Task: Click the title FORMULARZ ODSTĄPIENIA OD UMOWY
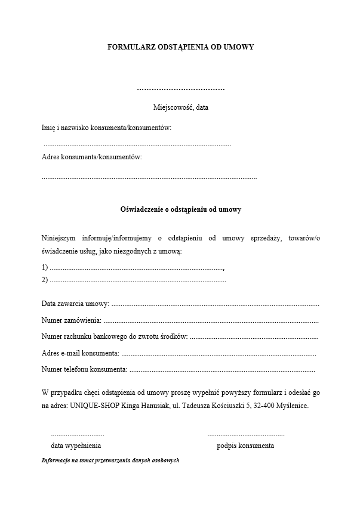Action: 180,47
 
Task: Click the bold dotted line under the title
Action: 180,89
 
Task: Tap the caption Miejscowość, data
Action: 180,107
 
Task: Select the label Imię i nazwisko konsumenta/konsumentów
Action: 107,128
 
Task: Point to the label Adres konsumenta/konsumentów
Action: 92,157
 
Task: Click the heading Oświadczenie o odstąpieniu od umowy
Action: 180,209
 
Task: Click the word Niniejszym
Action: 59,239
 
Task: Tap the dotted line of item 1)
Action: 137,268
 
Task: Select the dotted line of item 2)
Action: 137,279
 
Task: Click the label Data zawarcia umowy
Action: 75,304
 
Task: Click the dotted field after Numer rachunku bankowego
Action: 254,337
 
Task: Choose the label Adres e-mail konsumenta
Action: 80,353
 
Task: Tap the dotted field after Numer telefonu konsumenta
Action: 222,370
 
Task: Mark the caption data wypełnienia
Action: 76,446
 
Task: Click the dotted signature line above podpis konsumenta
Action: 246,434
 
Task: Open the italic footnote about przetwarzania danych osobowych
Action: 110,461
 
